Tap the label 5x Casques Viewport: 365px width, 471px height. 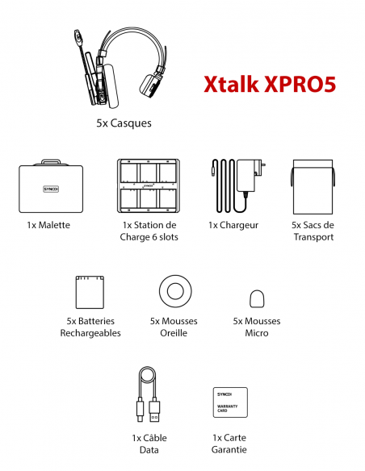pyautogui.click(x=124, y=124)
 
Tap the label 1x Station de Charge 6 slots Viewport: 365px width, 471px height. pyautogui.click(x=150, y=231)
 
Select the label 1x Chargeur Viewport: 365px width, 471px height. pyautogui.click(x=233, y=225)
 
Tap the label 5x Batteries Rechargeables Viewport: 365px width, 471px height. pyautogui.click(x=90, y=327)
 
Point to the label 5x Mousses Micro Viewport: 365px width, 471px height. pyautogui.click(x=257, y=327)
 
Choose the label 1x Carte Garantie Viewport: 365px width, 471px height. pyautogui.click(x=229, y=444)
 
